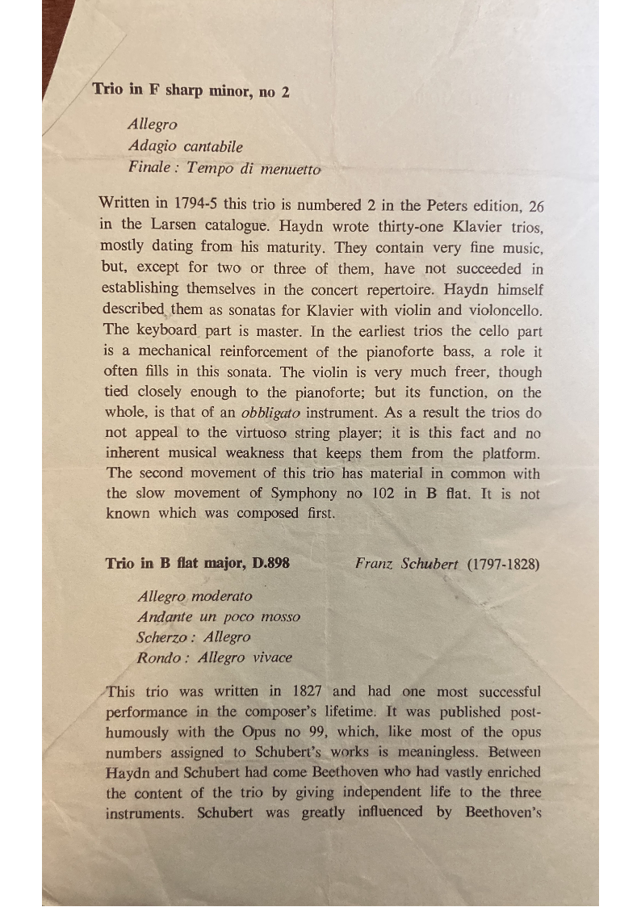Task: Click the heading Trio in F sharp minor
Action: point(191,90)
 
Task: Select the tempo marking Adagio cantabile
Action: point(185,147)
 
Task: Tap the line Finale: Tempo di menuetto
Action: point(224,168)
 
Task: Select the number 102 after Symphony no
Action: point(381,494)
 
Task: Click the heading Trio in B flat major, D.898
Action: point(197,563)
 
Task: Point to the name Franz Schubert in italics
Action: point(407,564)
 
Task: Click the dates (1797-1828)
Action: point(504,564)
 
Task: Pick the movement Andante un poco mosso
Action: point(219,617)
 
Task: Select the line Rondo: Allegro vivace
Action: point(215,657)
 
